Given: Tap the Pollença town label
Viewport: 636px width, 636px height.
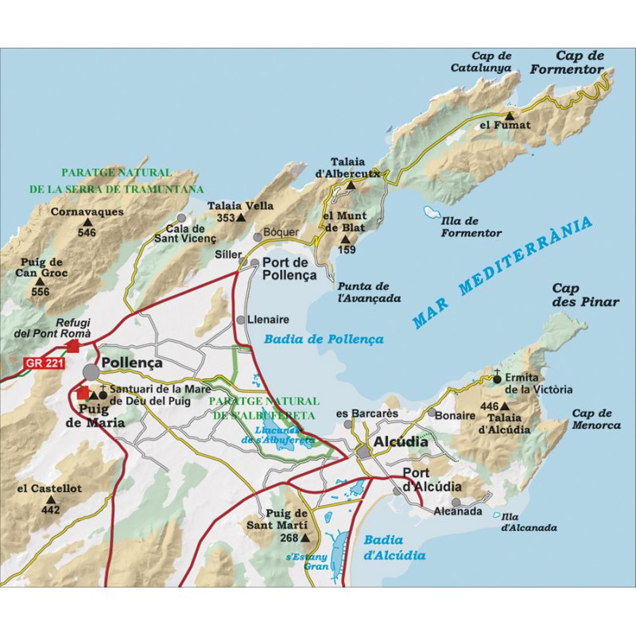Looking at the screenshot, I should (x=132, y=363).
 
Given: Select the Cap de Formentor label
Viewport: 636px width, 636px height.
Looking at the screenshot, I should (x=568, y=63).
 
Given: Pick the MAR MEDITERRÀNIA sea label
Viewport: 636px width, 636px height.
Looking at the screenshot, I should (x=503, y=273).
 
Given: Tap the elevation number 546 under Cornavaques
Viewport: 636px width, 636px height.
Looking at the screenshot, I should (x=87, y=233).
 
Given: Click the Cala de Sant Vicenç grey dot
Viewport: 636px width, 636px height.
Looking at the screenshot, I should (x=182, y=217).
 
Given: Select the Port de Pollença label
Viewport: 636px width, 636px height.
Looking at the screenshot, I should (x=289, y=270).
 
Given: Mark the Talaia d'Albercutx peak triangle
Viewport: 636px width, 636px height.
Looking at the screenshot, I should (x=351, y=185).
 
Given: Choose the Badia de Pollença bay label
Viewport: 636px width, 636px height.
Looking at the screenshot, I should (x=324, y=339).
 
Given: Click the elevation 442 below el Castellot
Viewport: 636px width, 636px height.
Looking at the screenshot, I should (x=50, y=510).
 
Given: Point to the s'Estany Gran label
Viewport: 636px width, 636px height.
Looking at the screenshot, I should (x=306, y=562).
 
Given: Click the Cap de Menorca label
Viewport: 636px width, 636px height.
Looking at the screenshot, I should (x=595, y=419).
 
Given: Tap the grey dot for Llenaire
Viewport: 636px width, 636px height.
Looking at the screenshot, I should (x=241, y=320).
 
